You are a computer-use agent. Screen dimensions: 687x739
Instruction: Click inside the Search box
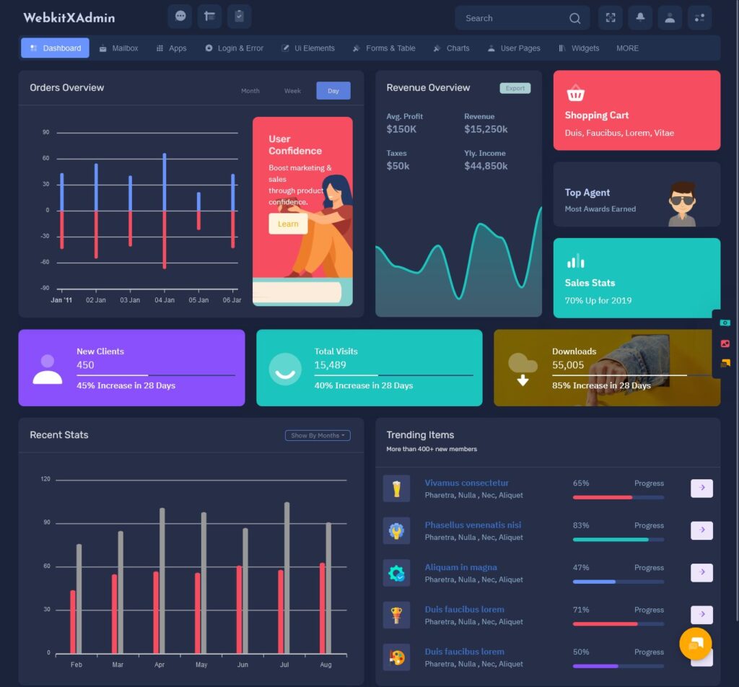coord(512,18)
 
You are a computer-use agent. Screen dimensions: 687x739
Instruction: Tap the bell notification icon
coord(640,18)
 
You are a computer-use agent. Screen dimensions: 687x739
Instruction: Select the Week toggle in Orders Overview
coord(292,91)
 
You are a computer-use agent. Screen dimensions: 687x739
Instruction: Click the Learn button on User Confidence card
coord(288,224)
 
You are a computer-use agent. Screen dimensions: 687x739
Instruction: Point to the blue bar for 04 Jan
coord(165,182)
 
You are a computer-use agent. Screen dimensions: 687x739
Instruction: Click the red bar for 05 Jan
coord(198,220)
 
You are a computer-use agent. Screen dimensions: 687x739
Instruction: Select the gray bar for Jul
coord(287,577)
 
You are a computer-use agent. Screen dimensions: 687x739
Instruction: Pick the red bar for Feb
coord(73,621)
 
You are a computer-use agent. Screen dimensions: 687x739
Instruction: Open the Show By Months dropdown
coord(318,436)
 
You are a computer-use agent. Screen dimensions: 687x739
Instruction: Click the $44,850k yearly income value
coord(486,166)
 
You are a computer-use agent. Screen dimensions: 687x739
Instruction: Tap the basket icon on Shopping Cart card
coord(575,94)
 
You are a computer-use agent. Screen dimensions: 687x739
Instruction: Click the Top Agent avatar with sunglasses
coord(682,204)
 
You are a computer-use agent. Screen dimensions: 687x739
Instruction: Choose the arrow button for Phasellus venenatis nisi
coord(701,530)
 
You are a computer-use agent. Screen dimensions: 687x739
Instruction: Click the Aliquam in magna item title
coord(460,567)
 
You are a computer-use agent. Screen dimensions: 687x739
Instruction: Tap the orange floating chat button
coord(696,644)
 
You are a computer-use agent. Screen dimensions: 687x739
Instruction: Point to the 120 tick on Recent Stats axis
coord(45,479)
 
